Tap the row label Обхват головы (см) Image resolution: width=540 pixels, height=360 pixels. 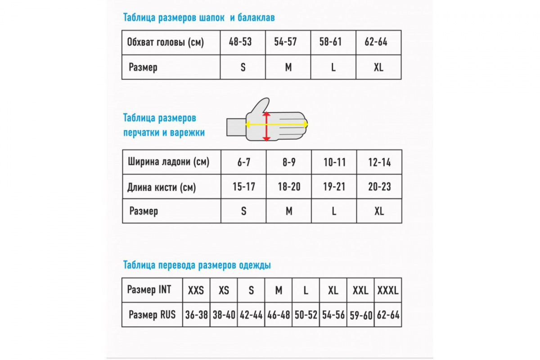point(166,43)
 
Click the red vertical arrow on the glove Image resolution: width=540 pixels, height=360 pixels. point(266,127)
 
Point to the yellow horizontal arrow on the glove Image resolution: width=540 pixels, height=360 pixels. point(288,124)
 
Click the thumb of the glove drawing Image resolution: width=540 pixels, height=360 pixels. point(260,105)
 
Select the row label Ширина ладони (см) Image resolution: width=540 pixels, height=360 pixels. point(168,162)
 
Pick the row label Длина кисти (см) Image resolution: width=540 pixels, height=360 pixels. point(162,187)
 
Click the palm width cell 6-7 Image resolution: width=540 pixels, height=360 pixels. point(244,162)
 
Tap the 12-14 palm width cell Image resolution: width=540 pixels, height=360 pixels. point(380,162)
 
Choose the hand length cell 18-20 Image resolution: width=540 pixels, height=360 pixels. point(289,187)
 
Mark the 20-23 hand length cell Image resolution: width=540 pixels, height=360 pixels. point(380,187)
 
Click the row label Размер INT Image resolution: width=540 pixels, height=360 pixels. point(149,290)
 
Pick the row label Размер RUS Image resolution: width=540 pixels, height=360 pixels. point(152,315)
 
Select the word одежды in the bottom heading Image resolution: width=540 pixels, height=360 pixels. point(255,265)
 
